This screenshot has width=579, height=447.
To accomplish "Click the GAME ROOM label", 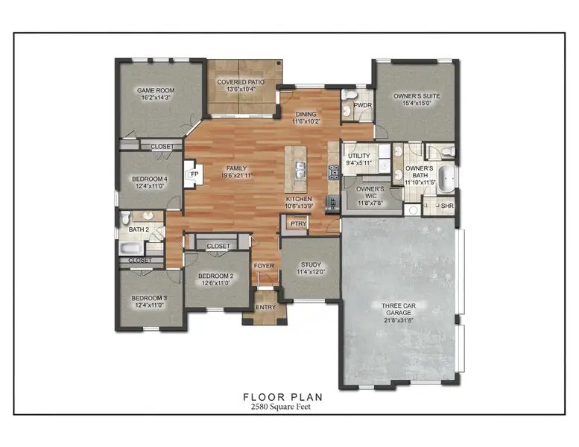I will click(x=155, y=91).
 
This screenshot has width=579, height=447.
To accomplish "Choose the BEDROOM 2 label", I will click(x=216, y=276).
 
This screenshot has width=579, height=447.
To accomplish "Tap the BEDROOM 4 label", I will click(x=150, y=180).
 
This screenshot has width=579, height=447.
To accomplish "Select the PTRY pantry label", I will click(x=298, y=223).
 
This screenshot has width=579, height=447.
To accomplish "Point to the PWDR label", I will click(x=363, y=105).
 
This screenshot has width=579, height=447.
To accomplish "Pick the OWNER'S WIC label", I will click(x=369, y=191).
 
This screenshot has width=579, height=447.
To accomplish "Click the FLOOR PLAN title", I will click(x=283, y=397).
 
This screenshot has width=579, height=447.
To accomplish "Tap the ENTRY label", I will click(x=265, y=307).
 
